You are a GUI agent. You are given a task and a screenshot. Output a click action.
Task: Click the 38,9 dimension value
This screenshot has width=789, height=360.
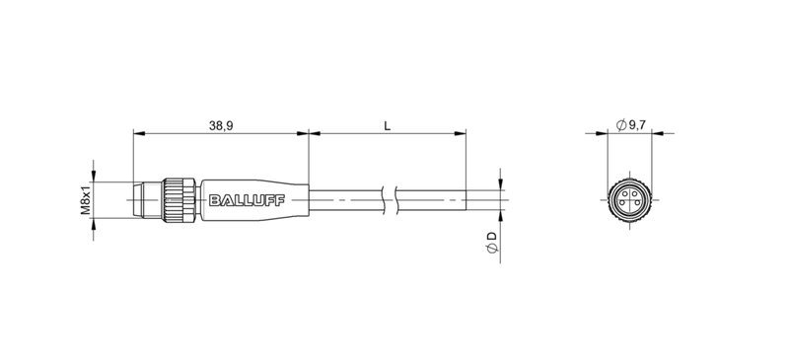click(x=221, y=125)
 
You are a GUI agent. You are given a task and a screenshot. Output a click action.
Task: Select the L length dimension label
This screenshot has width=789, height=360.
click(x=387, y=125)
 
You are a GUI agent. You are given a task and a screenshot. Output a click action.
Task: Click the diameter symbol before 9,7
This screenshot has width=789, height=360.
click(x=619, y=124)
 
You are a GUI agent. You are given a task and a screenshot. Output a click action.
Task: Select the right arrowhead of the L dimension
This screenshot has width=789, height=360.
click(x=460, y=134)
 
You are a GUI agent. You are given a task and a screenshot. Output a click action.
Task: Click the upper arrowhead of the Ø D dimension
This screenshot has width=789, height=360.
click(x=500, y=181)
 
